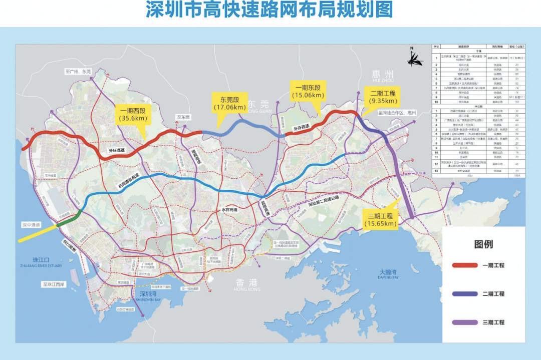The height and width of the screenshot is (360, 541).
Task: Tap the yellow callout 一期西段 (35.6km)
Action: [x=131, y=115]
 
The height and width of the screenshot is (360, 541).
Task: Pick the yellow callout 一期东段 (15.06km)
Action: [x=308, y=92]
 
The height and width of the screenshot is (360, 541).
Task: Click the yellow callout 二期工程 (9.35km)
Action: [x=383, y=97]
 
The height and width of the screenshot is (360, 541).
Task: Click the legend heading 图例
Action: [x=483, y=244]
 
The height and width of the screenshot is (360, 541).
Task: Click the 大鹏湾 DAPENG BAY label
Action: [x=389, y=274]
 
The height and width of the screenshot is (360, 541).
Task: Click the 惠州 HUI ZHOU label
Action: [x=383, y=76]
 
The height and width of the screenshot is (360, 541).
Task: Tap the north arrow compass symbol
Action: [x=412, y=58]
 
